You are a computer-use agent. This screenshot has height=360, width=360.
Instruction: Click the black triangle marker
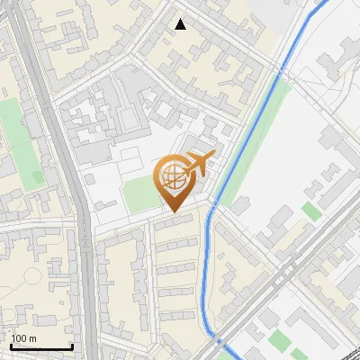(181, 24)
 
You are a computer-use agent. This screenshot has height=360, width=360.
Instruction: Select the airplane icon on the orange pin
(197, 164)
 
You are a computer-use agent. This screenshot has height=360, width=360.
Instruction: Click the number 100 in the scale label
(19, 338)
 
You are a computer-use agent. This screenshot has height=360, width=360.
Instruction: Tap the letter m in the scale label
(32, 338)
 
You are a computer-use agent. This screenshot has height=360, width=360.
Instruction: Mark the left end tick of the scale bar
(10, 346)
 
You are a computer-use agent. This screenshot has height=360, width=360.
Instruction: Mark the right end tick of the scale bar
(72, 346)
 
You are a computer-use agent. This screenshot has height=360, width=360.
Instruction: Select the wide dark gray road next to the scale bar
(87, 297)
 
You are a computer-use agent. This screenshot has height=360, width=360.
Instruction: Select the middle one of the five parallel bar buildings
(175, 268)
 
